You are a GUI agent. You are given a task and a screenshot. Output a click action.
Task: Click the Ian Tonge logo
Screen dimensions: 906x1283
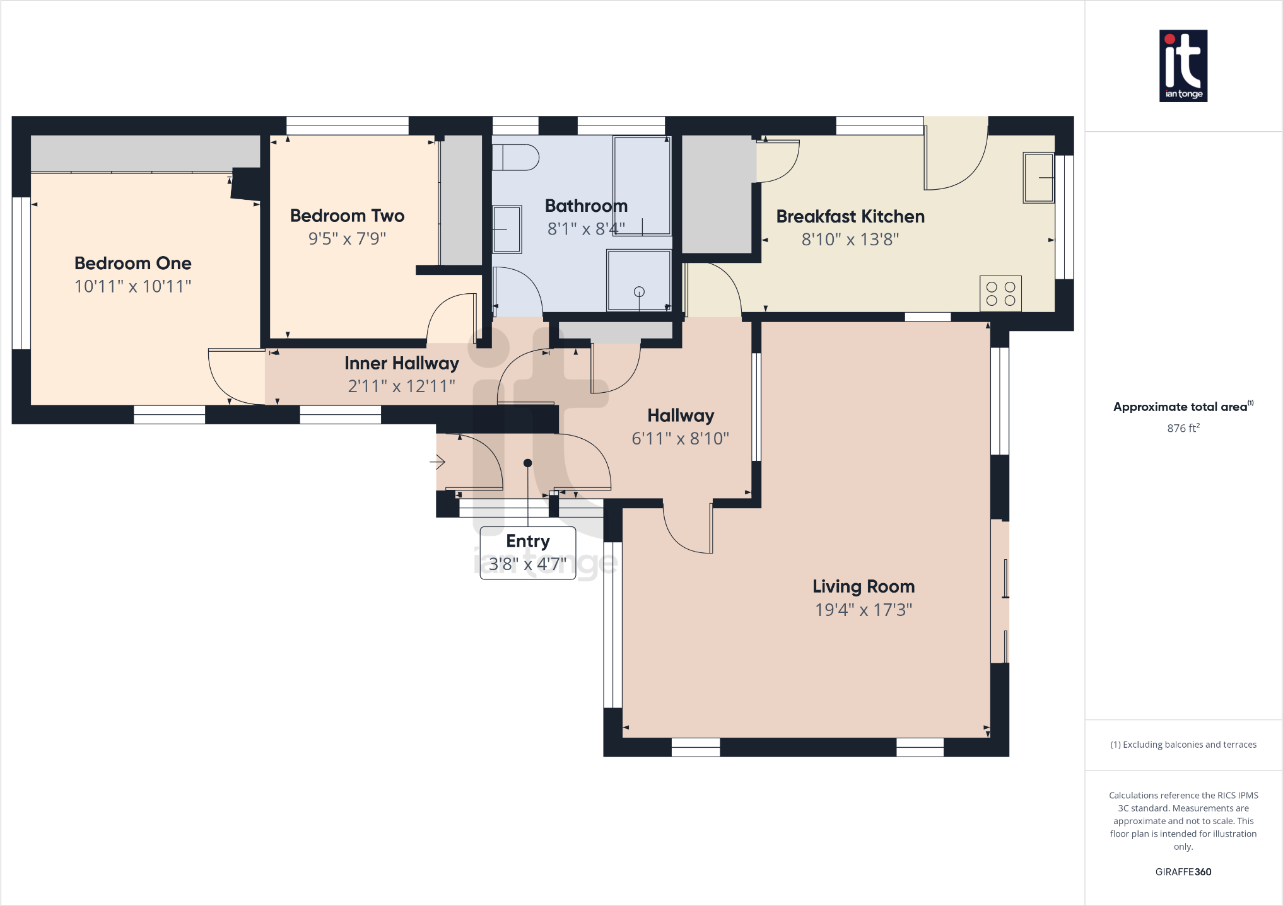tap(1183, 66)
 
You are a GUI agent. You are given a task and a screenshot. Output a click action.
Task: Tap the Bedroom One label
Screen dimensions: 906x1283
tap(132, 263)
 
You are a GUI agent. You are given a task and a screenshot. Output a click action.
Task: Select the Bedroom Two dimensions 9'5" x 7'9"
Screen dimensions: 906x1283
tap(347, 238)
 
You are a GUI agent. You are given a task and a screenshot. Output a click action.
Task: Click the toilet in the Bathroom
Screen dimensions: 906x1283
tap(515, 157)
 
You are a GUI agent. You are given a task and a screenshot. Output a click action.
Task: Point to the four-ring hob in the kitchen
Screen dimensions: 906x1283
tap(1000, 294)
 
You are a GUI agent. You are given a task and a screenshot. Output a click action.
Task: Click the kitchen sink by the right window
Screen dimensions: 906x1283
tap(1038, 178)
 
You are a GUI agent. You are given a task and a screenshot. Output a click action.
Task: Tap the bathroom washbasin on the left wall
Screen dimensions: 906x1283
tap(507, 229)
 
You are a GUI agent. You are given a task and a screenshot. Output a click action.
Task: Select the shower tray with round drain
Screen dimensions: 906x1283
tap(638, 281)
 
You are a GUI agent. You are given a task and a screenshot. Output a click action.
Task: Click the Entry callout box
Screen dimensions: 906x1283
tap(527, 553)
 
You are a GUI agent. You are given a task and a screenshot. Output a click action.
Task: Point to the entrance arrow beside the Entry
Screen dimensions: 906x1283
tap(438, 463)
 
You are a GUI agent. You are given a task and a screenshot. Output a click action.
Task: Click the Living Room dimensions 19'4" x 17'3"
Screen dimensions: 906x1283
tap(863, 610)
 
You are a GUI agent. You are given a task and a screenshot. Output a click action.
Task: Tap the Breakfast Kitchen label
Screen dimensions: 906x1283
tap(850, 216)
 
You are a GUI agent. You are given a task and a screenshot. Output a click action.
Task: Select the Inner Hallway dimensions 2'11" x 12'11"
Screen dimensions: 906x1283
tap(401, 386)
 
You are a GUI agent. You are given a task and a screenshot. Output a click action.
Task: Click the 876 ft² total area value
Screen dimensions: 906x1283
tap(1183, 428)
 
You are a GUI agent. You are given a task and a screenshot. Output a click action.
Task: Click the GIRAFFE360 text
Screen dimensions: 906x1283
tap(1183, 872)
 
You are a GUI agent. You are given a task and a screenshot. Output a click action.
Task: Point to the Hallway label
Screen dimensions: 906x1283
tap(680, 415)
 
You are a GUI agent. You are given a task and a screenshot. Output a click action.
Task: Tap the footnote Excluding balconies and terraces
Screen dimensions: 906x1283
tap(1183, 745)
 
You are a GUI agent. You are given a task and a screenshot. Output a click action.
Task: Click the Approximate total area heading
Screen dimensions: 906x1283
tap(1181, 407)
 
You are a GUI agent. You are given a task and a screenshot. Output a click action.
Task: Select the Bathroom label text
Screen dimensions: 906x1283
tap(586, 206)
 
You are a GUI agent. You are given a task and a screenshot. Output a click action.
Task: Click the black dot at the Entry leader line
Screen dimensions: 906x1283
tap(528, 463)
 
